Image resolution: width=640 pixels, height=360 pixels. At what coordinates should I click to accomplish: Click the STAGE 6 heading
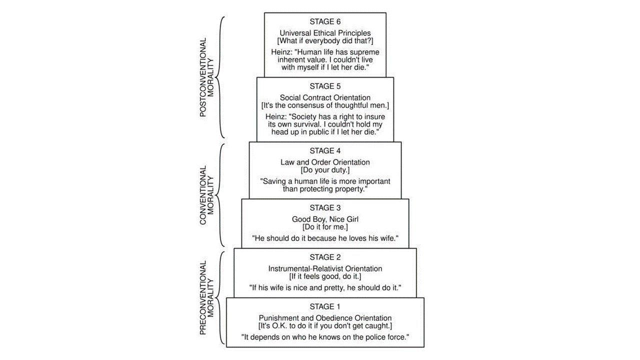coord(325,21)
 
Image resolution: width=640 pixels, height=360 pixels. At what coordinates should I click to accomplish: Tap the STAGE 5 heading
coord(325,86)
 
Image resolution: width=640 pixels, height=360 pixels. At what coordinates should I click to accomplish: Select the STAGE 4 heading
coord(325,150)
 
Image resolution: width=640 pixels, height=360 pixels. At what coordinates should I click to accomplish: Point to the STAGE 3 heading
coord(325,207)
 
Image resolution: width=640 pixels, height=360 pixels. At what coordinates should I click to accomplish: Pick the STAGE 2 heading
coord(325,257)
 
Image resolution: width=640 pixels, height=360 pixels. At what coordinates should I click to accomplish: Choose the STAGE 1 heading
coord(325,306)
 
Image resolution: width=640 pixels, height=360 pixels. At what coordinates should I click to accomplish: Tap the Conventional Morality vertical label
coord(206,195)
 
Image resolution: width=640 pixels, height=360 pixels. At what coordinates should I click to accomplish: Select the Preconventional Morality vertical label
coord(206,297)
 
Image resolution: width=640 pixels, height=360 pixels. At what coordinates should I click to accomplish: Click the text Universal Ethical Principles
coord(325,33)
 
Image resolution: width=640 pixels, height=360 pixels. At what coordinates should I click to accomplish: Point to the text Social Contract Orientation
coord(325,97)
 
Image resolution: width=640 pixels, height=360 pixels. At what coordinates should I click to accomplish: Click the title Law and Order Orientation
coord(325,162)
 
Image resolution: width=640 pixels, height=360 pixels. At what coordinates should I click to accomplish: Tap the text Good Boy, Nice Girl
coord(325,219)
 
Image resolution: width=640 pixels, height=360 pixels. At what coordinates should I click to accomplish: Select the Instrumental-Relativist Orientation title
coord(325,268)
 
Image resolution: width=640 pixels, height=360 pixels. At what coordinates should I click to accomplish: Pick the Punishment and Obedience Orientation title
coord(325,318)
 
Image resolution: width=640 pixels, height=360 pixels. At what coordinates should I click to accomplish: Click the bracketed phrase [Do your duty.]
coord(325,169)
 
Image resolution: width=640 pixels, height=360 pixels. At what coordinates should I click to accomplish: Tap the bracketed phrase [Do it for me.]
coord(325,226)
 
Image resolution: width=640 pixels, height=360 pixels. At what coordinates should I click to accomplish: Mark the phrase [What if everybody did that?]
coord(325,40)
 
